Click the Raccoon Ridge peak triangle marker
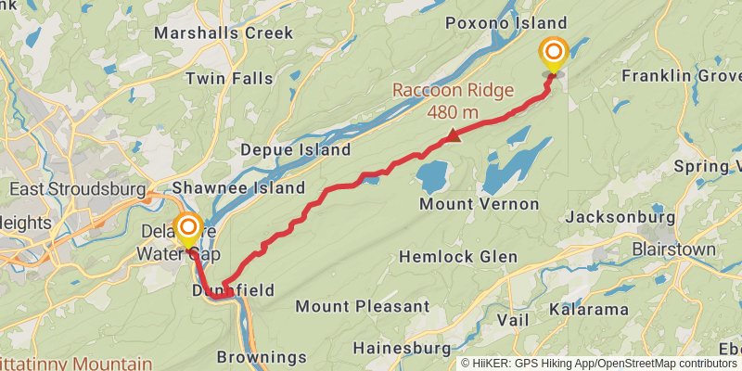click(453, 137)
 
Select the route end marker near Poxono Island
click(554, 54)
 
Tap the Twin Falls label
click(229, 78)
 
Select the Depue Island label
click(295, 149)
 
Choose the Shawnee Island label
click(247, 187)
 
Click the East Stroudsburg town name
click(77, 189)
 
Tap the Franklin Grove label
click(681, 75)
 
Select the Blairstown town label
click(673, 249)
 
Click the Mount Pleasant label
click(362, 306)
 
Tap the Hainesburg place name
click(403, 348)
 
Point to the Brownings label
click(262, 356)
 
